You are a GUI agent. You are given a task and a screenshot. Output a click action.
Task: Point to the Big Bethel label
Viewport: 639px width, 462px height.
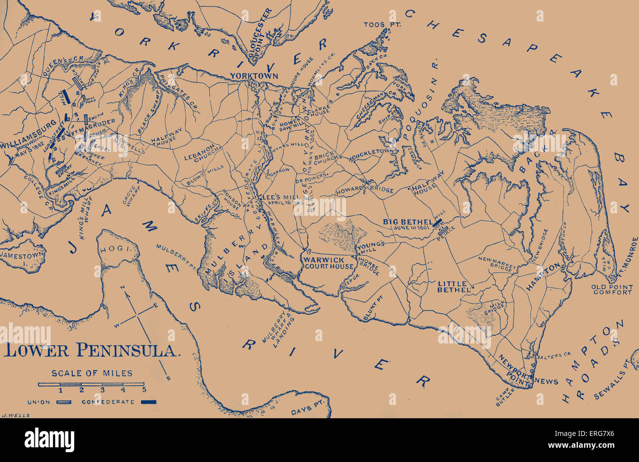pos(407,222)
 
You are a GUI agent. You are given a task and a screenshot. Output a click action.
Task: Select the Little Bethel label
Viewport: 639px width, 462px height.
pos(454,287)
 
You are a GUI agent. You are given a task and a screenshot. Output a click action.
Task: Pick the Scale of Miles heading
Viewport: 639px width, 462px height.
pos(92,373)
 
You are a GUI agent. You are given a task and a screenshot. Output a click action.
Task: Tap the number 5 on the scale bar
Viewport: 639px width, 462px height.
pos(144,390)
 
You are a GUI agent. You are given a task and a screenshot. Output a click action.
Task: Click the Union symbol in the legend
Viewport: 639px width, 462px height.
pos(64,402)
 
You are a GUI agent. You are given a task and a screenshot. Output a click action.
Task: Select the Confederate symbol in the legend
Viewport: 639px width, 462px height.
pos(148,402)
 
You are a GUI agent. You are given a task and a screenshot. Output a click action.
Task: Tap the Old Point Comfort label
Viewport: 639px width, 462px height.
pos(612,289)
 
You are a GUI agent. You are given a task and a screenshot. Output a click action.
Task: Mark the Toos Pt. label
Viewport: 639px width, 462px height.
pos(376,24)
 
